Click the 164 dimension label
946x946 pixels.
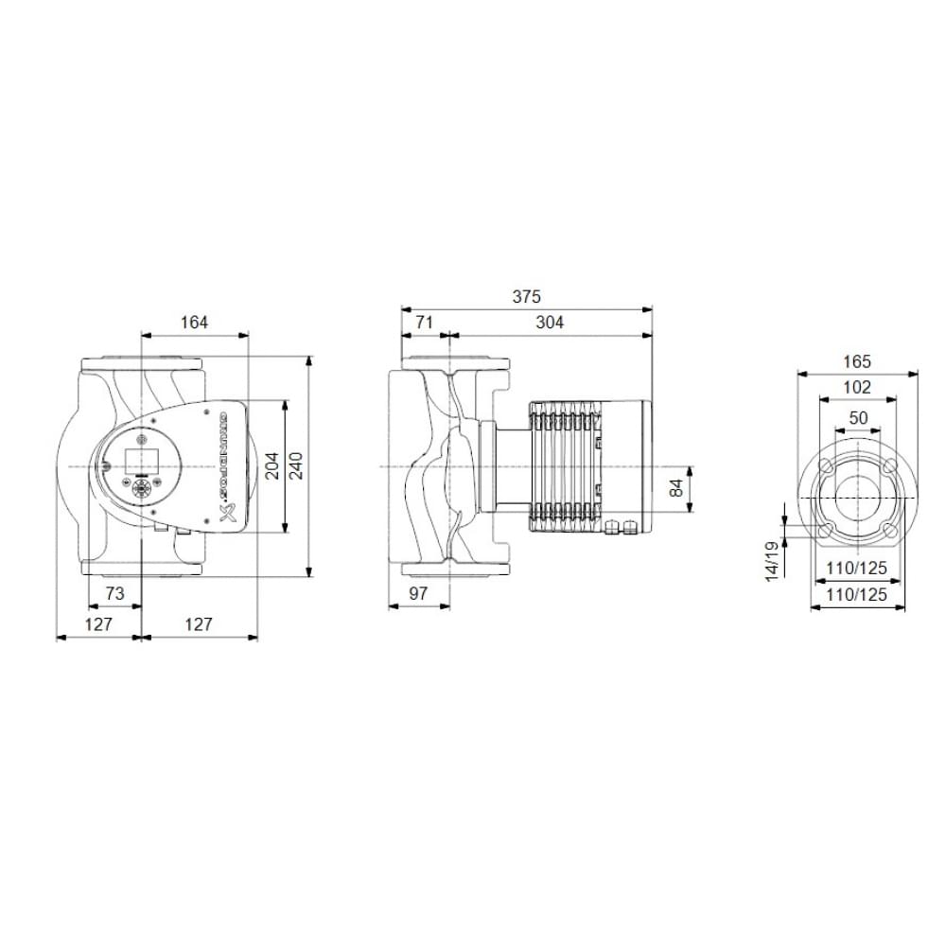[194, 323]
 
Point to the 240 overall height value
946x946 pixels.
[297, 466]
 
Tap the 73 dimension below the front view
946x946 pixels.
[114, 593]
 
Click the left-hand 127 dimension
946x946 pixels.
[98, 624]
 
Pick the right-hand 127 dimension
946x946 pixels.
[199, 624]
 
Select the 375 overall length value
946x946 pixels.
[527, 296]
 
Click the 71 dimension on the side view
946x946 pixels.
[424, 323]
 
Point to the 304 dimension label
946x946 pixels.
[550, 323]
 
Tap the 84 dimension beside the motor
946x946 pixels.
[675, 489]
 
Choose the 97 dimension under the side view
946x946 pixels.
[418, 593]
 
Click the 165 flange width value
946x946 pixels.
[857, 361]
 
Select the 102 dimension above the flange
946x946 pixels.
[857, 387]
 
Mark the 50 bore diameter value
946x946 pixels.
[858, 417]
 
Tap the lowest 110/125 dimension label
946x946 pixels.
[857, 595]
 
